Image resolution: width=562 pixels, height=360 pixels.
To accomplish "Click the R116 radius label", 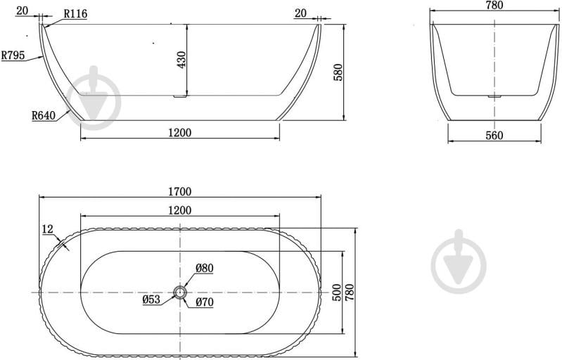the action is [x=75, y=14].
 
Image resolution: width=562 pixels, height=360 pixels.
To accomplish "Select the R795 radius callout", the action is [x=13, y=55].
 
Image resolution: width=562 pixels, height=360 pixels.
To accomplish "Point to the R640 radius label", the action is [x=44, y=115].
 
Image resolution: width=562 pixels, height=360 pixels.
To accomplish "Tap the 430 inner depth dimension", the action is [x=181, y=60].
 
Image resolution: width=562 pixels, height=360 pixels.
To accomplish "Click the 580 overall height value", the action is [x=338, y=72].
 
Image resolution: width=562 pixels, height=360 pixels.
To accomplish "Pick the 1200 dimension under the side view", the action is [x=180, y=133].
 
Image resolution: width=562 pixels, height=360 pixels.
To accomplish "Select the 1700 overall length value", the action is [x=180, y=192].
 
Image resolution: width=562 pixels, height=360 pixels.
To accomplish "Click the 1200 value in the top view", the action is [x=180, y=210].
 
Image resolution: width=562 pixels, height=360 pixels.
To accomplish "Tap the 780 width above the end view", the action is [x=494, y=5].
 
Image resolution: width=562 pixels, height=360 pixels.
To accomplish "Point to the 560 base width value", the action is [x=494, y=136].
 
